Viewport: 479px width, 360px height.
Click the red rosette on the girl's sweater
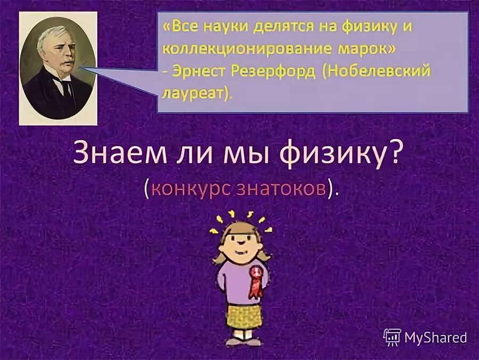click(257, 280)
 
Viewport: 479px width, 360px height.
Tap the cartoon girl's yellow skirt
click(244, 315)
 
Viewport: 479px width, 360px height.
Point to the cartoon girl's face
click(242, 241)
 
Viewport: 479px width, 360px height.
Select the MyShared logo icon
click(392, 337)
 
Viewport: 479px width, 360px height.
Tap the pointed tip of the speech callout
click(81, 68)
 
